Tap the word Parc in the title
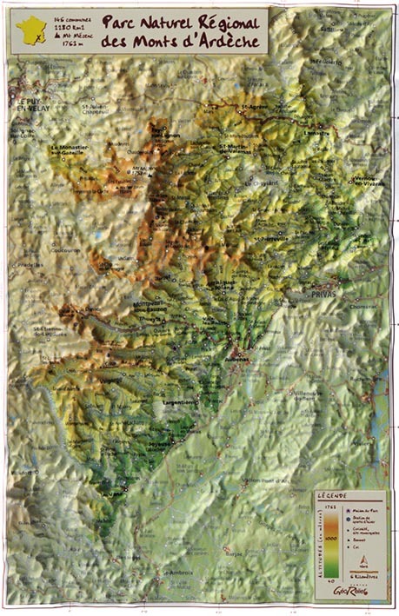tap(119, 21)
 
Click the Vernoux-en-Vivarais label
tap(365, 179)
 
